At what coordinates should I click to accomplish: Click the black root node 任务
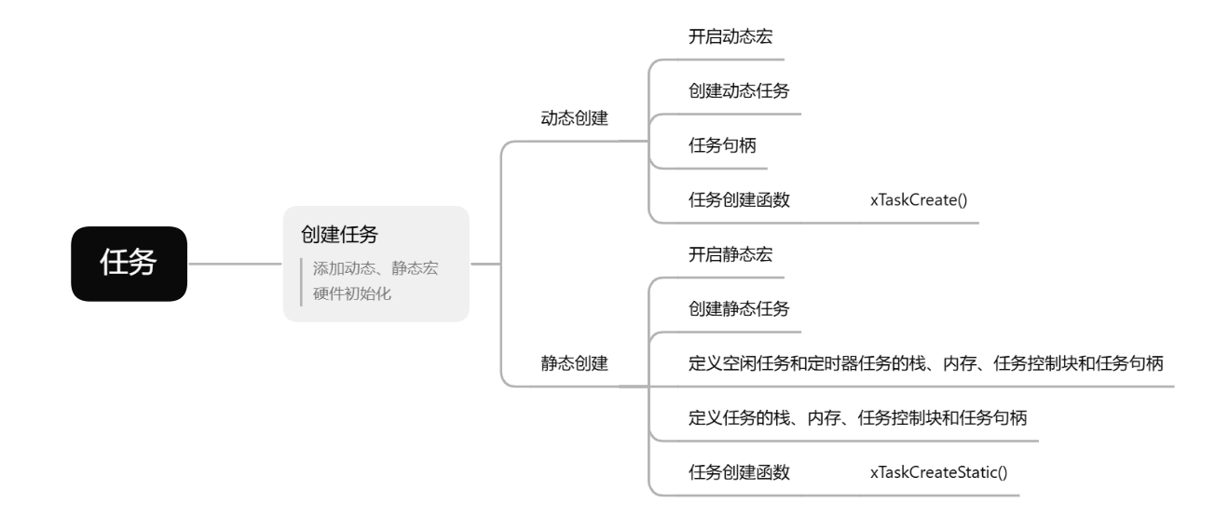coord(129,265)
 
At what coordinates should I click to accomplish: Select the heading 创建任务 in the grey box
coord(338,234)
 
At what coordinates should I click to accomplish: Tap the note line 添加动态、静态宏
coord(375,268)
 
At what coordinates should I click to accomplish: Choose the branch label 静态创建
coord(574,363)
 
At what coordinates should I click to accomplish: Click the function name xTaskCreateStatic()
coord(938,472)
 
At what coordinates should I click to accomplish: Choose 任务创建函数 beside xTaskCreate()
coord(738,199)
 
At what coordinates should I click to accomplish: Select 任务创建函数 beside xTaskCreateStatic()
coord(738,472)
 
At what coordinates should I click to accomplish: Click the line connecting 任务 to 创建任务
coord(236,265)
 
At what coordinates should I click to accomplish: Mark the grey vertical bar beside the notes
coord(301,280)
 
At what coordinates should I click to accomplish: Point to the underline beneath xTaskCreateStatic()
coord(938,495)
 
